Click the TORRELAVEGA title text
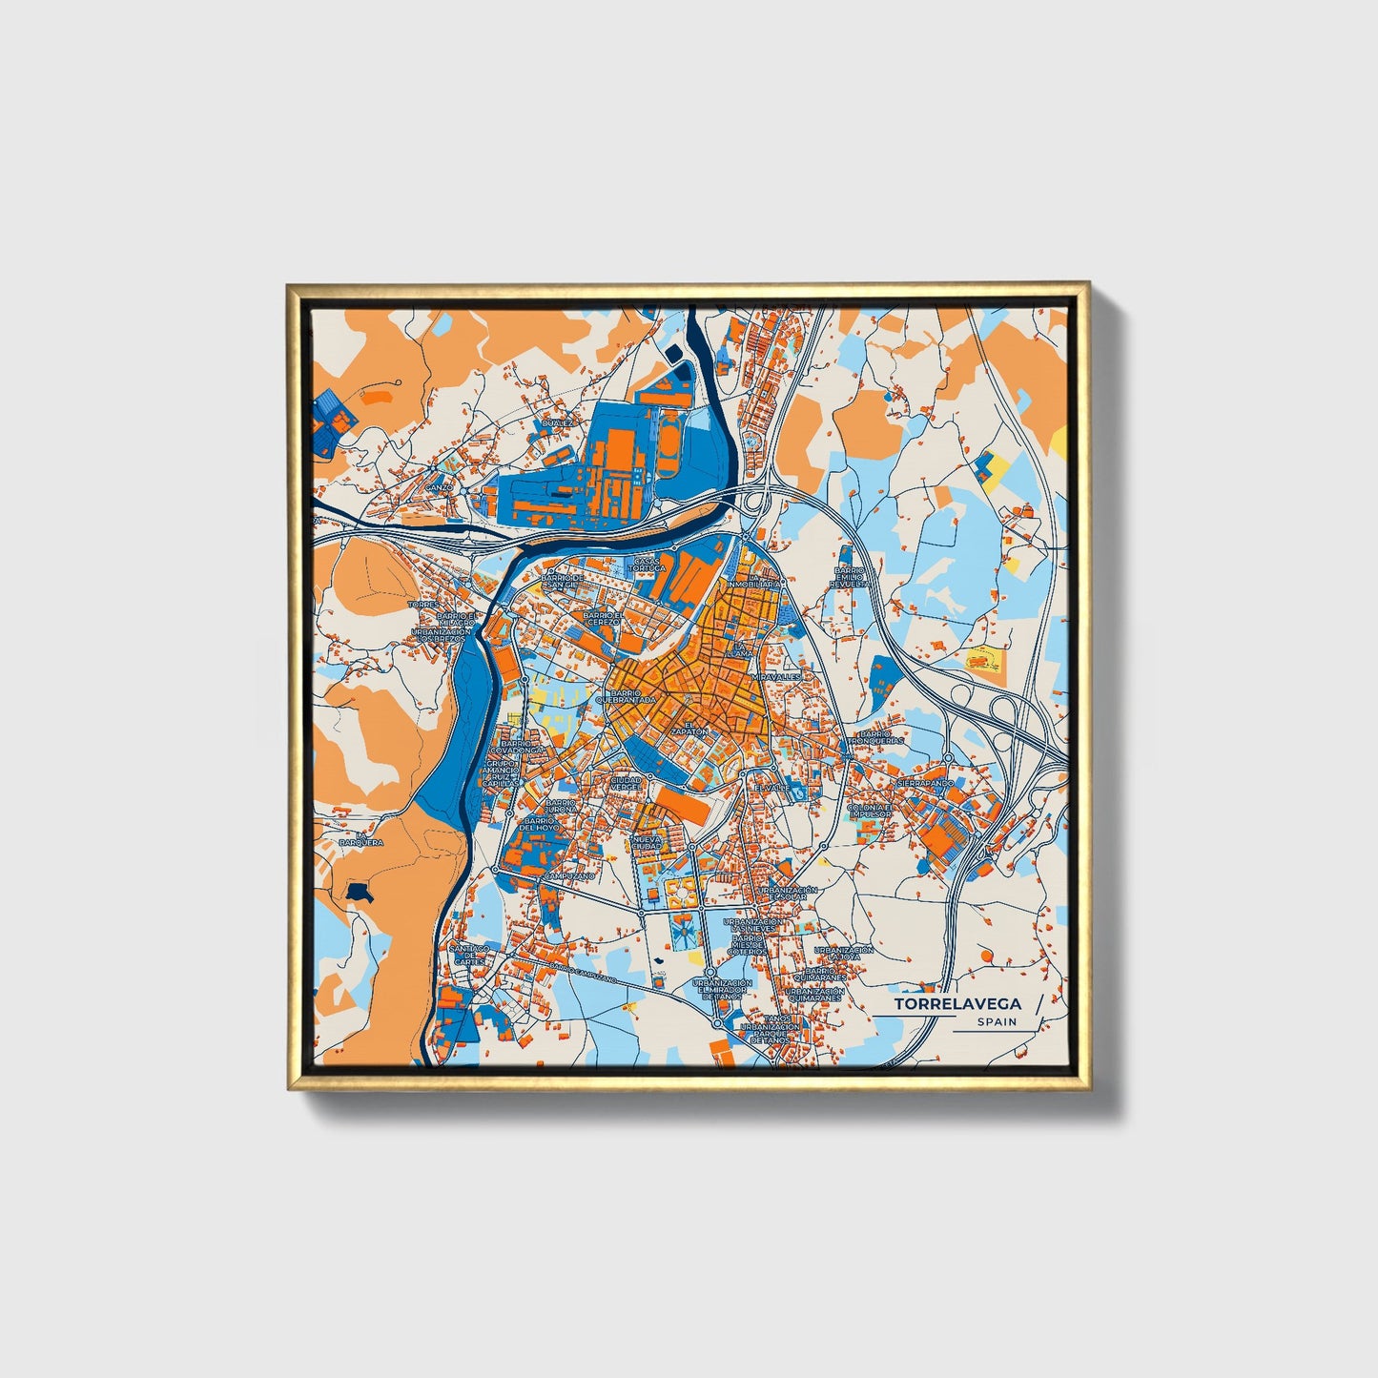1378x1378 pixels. (x=956, y=1003)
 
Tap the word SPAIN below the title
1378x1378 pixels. (x=996, y=1021)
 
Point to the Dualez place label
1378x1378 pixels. (x=558, y=422)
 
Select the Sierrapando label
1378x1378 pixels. (x=924, y=783)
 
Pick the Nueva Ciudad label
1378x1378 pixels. (x=646, y=842)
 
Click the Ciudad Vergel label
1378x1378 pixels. (x=626, y=783)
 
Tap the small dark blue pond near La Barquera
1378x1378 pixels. (x=359, y=891)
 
